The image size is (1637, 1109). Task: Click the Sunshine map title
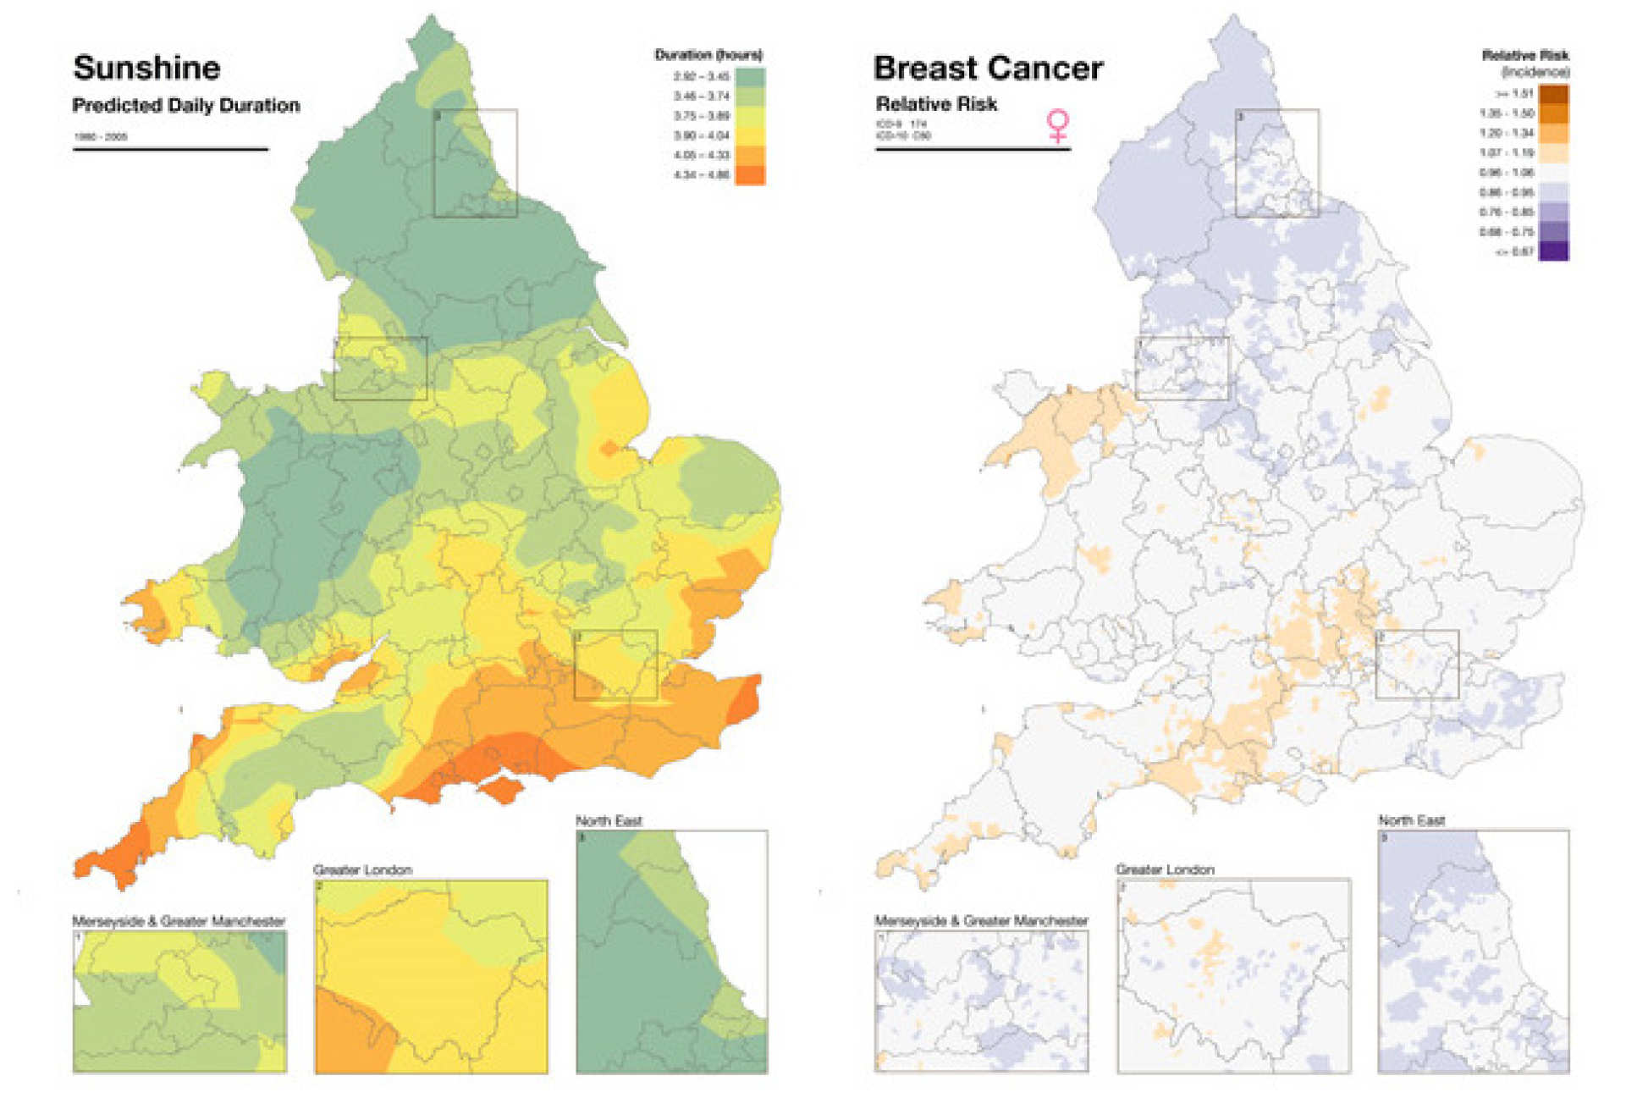coord(146,68)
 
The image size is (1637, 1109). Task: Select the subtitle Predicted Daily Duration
coord(186,106)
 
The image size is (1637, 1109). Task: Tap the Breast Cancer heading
coord(988,68)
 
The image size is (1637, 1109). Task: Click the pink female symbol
coord(1057,126)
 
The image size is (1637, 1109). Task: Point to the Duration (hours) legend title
coord(708,55)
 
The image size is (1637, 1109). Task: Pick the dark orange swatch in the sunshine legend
coord(750,175)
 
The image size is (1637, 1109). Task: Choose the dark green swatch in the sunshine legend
coord(750,77)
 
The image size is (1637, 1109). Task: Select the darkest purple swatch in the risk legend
coord(1553,251)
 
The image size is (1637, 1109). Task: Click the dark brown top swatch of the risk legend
coord(1553,93)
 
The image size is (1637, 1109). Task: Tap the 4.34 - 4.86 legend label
coord(701,175)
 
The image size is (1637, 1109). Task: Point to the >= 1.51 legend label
coord(1514,93)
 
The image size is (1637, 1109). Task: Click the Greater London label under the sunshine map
coord(362,869)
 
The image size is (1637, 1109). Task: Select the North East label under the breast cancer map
coord(1411,820)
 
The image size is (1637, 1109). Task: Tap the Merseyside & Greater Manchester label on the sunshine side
coord(179,921)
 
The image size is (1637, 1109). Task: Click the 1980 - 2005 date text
coord(101,136)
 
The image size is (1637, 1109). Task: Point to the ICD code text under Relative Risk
coord(903,130)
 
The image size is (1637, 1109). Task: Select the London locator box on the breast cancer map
coord(1417,665)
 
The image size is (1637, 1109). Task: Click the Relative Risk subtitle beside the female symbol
coord(936,104)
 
